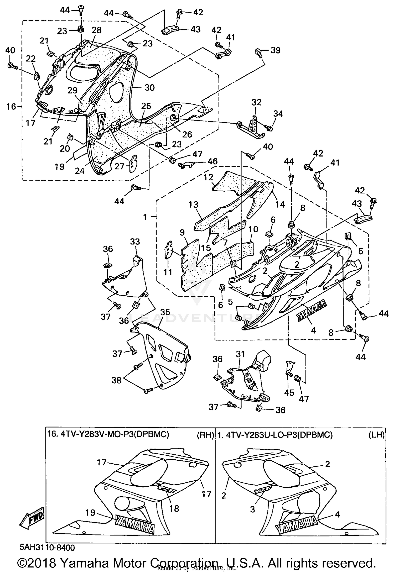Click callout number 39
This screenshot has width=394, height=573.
coord(275,50)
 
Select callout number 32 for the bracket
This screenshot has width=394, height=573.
coord(256,102)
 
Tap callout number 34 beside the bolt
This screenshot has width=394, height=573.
coord(278,114)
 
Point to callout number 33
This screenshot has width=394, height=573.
coord(135,241)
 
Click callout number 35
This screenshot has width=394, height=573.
coord(165,312)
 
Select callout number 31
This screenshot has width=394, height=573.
coord(240,354)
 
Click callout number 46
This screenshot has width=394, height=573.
coord(212,161)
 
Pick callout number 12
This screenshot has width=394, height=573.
coord(208,177)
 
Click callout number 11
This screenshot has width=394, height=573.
coord(168,272)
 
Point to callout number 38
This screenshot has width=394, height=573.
coord(116,380)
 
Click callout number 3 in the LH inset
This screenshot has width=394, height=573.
coord(252,509)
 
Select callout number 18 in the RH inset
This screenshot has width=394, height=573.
coord(174,508)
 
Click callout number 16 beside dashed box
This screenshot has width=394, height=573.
coord(11,107)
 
